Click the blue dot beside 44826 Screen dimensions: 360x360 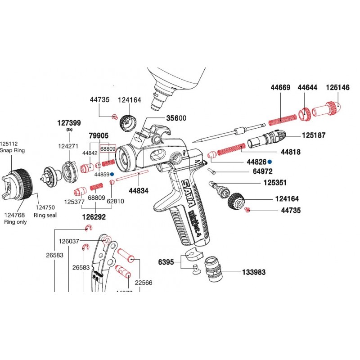pos(270,162)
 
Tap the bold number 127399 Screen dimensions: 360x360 pos(69,122)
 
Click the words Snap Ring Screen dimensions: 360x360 pos(13,151)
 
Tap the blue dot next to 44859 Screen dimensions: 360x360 pos(112,174)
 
